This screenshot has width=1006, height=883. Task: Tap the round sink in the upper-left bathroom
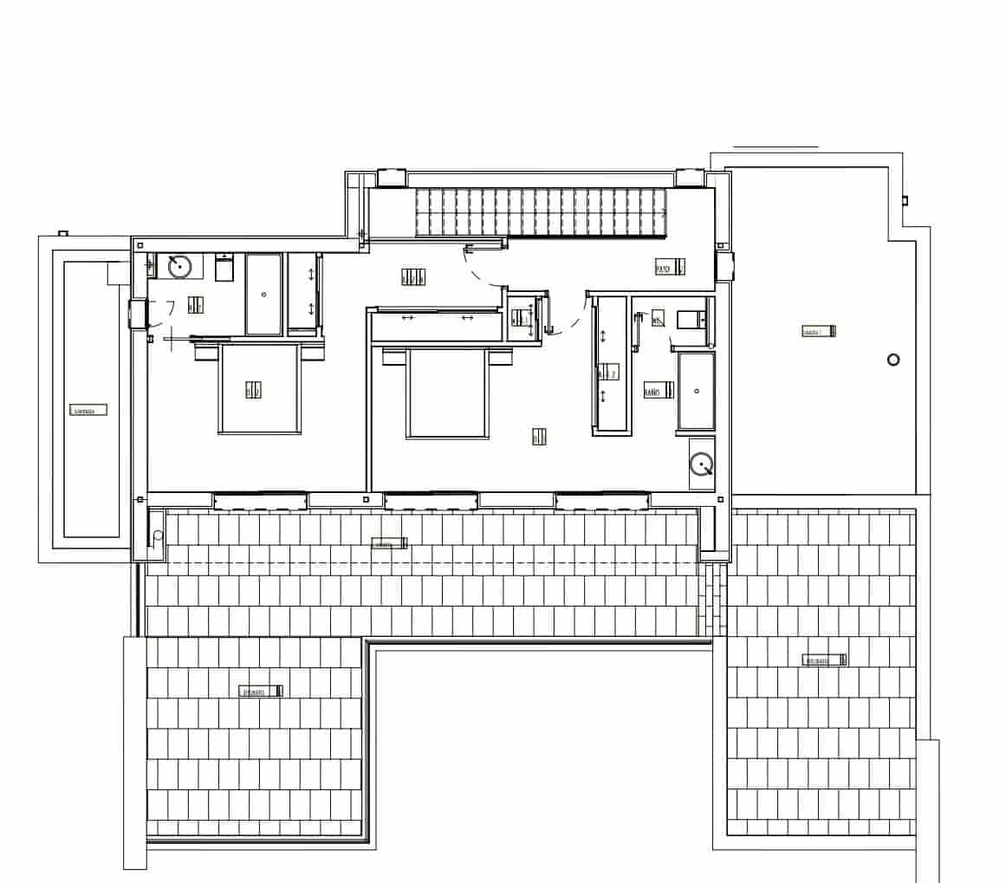click(x=179, y=266)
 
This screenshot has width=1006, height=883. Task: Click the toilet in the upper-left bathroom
click(x=224, y=269)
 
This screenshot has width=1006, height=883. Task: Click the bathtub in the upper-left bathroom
click(x=263, y=294)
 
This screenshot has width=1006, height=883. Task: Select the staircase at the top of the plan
click(x=542, y=212)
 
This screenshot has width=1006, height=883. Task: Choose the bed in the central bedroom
click(x=447, y=392)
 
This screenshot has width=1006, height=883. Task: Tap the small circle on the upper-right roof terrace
click(x=893, y=360)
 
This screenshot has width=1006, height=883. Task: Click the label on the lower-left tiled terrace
click(x=262, y=691)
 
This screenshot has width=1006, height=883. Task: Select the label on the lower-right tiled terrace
click(x=824, y=660)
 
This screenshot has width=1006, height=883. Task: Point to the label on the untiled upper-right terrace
click(x=819, y=331)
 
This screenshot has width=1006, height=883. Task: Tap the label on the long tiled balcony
click(x=389, y=544)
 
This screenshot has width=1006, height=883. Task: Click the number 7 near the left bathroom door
click(x=171, y=308)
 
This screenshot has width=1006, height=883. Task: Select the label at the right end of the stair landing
click(x=669, y=268)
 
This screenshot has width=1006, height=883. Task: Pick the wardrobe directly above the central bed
click(x=438, y=326)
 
